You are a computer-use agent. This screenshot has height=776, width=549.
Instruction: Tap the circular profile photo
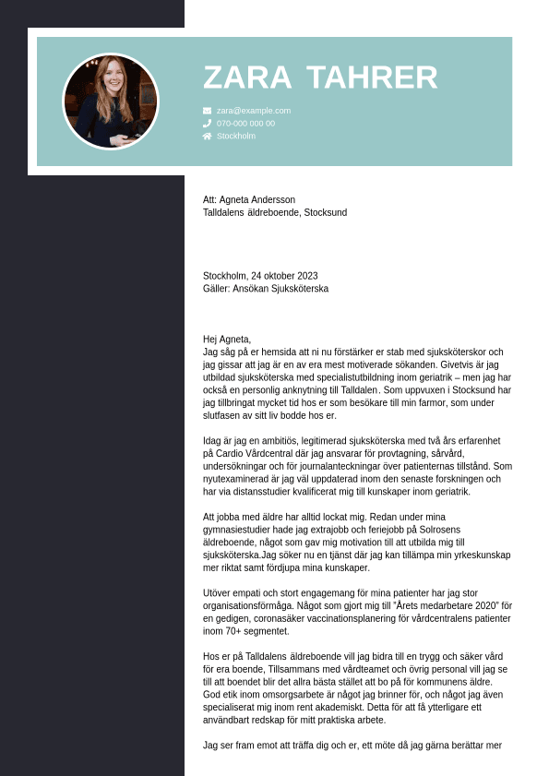pyautogui.click(x=111, y=101)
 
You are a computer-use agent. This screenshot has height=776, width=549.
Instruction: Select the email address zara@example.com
pyautogui.click(x=254, y=111)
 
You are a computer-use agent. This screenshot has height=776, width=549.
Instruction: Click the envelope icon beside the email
pyautogui.click(x=207, y=111)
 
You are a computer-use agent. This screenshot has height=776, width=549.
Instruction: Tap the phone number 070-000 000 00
pyautogui.click(x=245, y=124)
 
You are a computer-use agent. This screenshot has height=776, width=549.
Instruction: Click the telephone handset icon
pyautogui.click(x=207, y=123)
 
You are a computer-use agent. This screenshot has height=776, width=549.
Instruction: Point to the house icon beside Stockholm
pyautogui.click(x=207, y=136)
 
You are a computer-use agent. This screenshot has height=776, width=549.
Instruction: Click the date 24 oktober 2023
pyautogui.click(x=284, y=276)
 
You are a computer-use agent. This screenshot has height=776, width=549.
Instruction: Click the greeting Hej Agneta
pyautogui.click(x=227, y=339)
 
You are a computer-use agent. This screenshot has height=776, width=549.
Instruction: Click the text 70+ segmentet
pyautogui.click(x=253, y=631)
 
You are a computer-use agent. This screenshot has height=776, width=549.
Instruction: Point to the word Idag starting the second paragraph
pyautogui.click(x=213, y=440)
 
